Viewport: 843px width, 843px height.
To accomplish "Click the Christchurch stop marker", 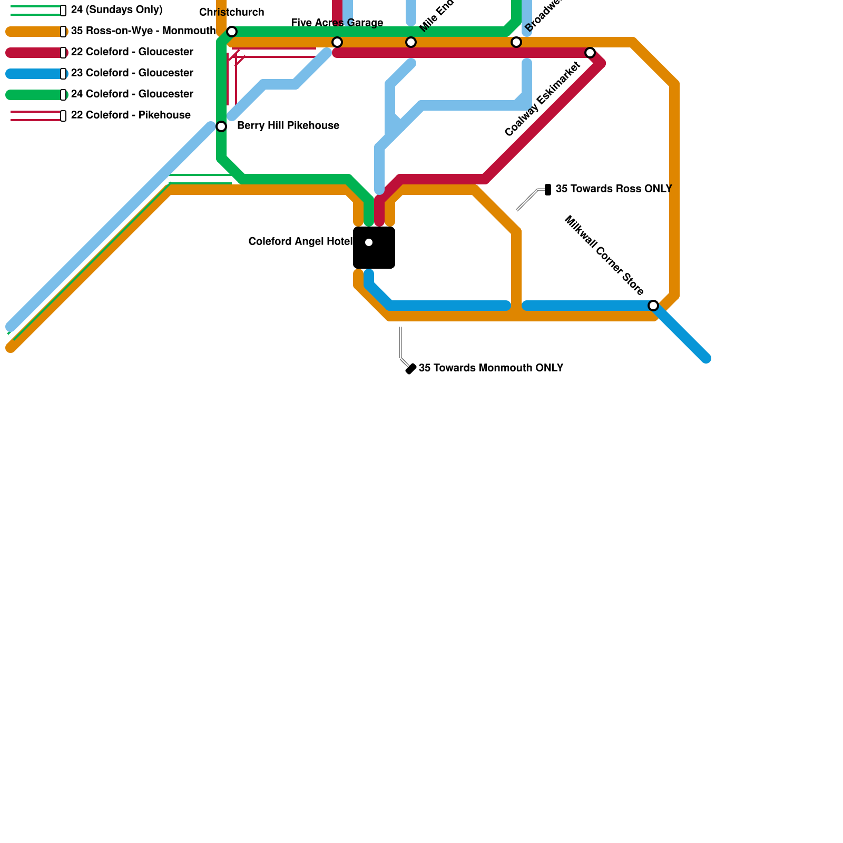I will tap(232, 32).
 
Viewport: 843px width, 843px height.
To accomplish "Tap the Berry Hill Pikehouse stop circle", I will tap(221, 126).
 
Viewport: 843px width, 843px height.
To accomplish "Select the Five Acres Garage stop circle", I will tap(337, 42).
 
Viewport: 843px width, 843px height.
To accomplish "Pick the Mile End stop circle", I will tap(411, 42).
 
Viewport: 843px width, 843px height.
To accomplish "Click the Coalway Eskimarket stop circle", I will tap(590, 53).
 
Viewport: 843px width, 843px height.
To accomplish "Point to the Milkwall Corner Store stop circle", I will tap(653, 306).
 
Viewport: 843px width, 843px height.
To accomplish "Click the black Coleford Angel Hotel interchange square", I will tap(374, 248).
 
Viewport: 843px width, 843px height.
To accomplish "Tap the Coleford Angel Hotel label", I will tap(300, 242).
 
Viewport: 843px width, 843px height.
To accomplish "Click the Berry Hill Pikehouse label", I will tap(288, 126).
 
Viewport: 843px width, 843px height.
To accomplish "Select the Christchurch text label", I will tap(232, 13).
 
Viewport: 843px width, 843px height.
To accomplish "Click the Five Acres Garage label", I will tap(337, 23).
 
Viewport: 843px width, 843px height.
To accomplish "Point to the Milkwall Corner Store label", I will tap(604, 256).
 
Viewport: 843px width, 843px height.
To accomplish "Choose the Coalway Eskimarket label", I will tap(543, 99).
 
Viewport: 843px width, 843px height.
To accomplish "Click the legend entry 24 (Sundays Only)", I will tap(116, 10).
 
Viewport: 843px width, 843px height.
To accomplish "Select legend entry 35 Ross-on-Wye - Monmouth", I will tap(143, 31).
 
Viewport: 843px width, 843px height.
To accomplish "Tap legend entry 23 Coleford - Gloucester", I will tap(132, 73).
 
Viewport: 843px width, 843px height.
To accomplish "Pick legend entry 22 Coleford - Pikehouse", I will tap(131, 115).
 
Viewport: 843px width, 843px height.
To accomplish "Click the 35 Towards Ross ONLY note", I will tap(614, 189).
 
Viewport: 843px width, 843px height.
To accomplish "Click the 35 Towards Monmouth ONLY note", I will tap(491, 368).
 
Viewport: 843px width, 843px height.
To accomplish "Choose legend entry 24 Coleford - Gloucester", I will tap(132, 94).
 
